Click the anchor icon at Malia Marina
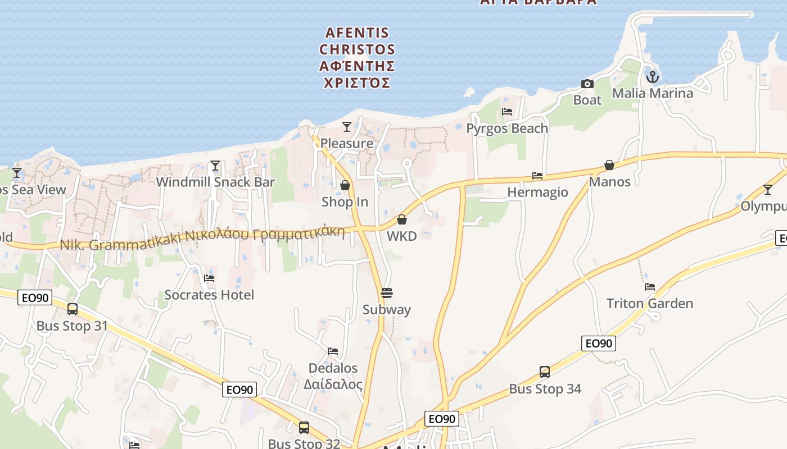652,76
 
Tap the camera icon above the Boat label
587,84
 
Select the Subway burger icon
386,293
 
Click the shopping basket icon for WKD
402,219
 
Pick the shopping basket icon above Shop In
345,185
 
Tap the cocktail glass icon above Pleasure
347,127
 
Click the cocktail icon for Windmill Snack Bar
215,166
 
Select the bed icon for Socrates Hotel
209,278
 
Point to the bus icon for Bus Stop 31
73,309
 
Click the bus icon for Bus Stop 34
545,372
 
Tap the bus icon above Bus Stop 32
304,428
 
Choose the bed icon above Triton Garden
650,287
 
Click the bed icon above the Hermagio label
537,176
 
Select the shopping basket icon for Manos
609,165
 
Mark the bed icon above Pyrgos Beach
507,112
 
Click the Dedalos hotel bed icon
333,352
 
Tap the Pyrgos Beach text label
507,129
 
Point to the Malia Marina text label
652,93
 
